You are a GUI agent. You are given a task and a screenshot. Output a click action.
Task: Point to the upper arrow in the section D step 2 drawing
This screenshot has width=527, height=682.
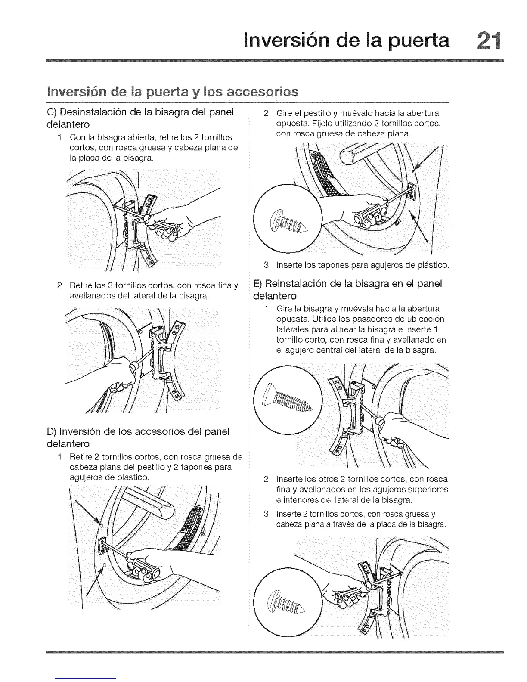tap(429, 159)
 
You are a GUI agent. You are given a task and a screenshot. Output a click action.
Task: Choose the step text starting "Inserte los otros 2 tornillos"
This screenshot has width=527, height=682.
tap(362, 490)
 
